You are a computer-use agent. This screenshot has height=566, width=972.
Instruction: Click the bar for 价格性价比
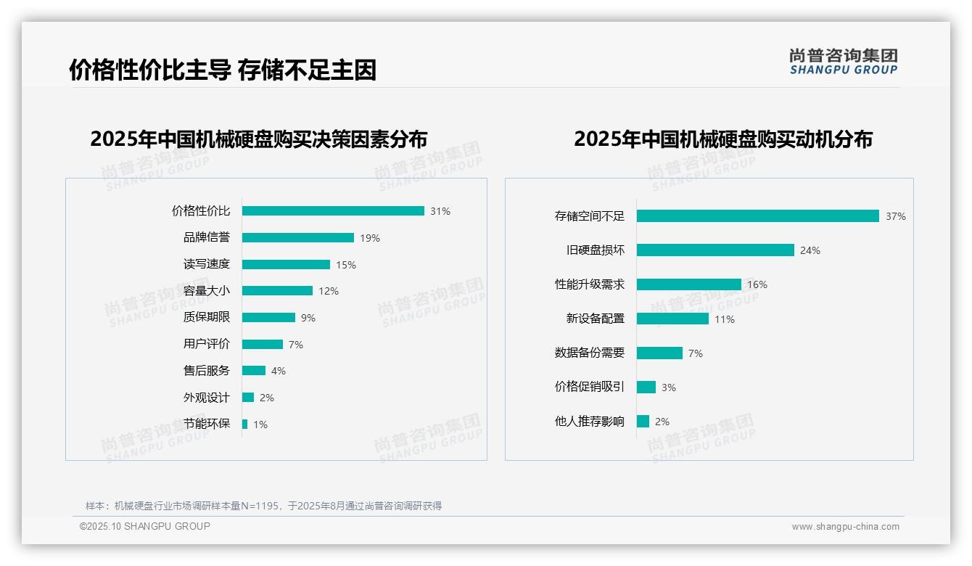[x=333, y=211]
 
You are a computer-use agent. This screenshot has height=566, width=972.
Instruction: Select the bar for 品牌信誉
[x=297, y=238]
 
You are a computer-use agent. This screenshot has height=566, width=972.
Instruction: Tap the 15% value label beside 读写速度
[x=346, y=265]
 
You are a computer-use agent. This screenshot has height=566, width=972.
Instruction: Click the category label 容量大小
[x=206, y=291]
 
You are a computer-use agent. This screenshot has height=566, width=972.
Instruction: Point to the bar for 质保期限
[x=268, y=318]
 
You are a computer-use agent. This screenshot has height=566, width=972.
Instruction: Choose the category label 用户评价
[x=206, y=344]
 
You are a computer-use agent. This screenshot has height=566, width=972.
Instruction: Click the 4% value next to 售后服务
[x=279, y=371]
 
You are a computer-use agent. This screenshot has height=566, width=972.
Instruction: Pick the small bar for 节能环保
[x=244, y=424]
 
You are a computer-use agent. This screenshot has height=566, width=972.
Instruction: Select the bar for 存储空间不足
[x=757, y=216]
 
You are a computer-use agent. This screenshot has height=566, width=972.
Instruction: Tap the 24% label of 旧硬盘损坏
[x=810, y=250]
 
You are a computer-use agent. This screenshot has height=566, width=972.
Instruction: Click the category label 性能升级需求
[x=589, y=284]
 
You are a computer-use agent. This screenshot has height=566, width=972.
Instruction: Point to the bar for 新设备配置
[x=672, y=319]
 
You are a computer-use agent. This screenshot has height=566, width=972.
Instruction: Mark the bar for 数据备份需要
[x=659, y=353]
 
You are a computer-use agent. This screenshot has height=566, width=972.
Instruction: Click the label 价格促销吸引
[x=589, y=387]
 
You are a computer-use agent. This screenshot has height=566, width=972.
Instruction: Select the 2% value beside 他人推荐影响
[x=662, y=422]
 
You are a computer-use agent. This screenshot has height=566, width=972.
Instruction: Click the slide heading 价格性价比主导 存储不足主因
[x=222, y=70]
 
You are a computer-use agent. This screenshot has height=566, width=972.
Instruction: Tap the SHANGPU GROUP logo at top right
[x=843, y=62]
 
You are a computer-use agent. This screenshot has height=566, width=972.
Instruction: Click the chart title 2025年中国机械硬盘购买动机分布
[x=722, y=139]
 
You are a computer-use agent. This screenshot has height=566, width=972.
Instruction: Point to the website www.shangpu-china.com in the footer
[x=845, y=527]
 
